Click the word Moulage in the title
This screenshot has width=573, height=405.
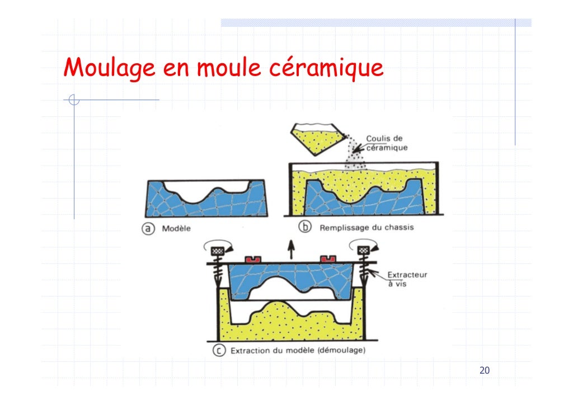pyautogui.click(x=109, y=69)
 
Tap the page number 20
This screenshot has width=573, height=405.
pyautogui.click(x=485, y=370)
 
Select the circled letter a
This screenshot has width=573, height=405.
pyautogui.click(x=148, y=229)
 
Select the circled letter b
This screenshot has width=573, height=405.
pyautogui.click(x=306, y=228)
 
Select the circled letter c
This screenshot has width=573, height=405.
pyautogui.click(x=219, y=351)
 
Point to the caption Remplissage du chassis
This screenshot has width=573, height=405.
pyautogui.click(x=367, y=228)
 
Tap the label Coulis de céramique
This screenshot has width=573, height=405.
pyautogui.click(x=387, y=143)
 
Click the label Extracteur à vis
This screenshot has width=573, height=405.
pyautogui.click(x=407, y=279)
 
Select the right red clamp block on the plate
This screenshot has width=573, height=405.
pyautogui.click(x=327, y=259)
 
